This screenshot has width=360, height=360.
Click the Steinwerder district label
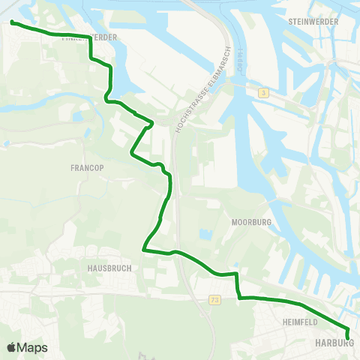pos(313,22)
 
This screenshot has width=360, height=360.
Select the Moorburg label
pos(251,223)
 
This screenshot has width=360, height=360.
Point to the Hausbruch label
pos(104,267)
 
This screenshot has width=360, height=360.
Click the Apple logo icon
pos(11,347)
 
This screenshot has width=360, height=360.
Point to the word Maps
pos(32,347)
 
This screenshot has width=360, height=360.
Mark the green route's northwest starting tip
pos(13,22)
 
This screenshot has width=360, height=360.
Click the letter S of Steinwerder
pos(290,22)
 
